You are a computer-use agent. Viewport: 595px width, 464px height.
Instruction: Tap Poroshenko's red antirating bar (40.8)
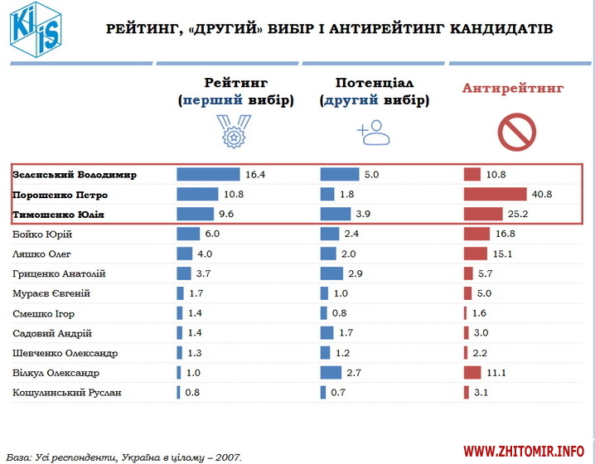click(495, 195)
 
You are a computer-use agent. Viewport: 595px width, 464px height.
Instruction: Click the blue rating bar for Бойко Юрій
click(188, 234)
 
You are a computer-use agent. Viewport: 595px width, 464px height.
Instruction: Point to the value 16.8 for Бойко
click(506, 234)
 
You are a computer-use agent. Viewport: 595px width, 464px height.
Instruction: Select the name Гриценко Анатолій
click(59, 273)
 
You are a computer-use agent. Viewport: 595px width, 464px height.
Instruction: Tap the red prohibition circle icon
click(515, 130)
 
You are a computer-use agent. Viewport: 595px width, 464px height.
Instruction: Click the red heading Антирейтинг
click(513, 88)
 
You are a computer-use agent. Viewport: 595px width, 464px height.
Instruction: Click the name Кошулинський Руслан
click(67, 392)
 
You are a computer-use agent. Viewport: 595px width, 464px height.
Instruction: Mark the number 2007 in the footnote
click(230, 457)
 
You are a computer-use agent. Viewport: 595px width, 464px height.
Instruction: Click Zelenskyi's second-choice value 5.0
click(370, 175)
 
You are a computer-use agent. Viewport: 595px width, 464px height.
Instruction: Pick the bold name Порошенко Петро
click(60, 195)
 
